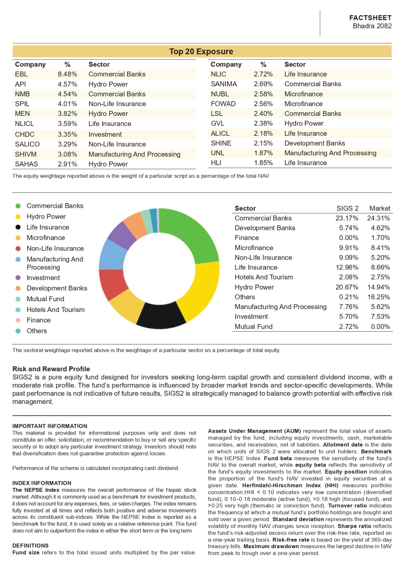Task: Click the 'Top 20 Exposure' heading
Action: point(201,52)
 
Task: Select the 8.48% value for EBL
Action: point(67,74)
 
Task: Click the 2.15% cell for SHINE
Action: point(263,143)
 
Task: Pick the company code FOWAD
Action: point(223,104)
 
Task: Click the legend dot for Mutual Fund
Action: point(18,299)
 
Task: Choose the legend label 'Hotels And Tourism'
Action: point(56,310)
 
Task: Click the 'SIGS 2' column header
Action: point(347,208)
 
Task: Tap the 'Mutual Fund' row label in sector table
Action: point(254,326)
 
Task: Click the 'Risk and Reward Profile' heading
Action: point(51,369)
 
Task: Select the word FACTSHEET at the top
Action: point(370,18)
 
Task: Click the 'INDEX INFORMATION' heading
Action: point(42,483)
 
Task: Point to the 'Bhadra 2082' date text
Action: point(372,26)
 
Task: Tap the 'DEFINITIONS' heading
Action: point(30,545)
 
